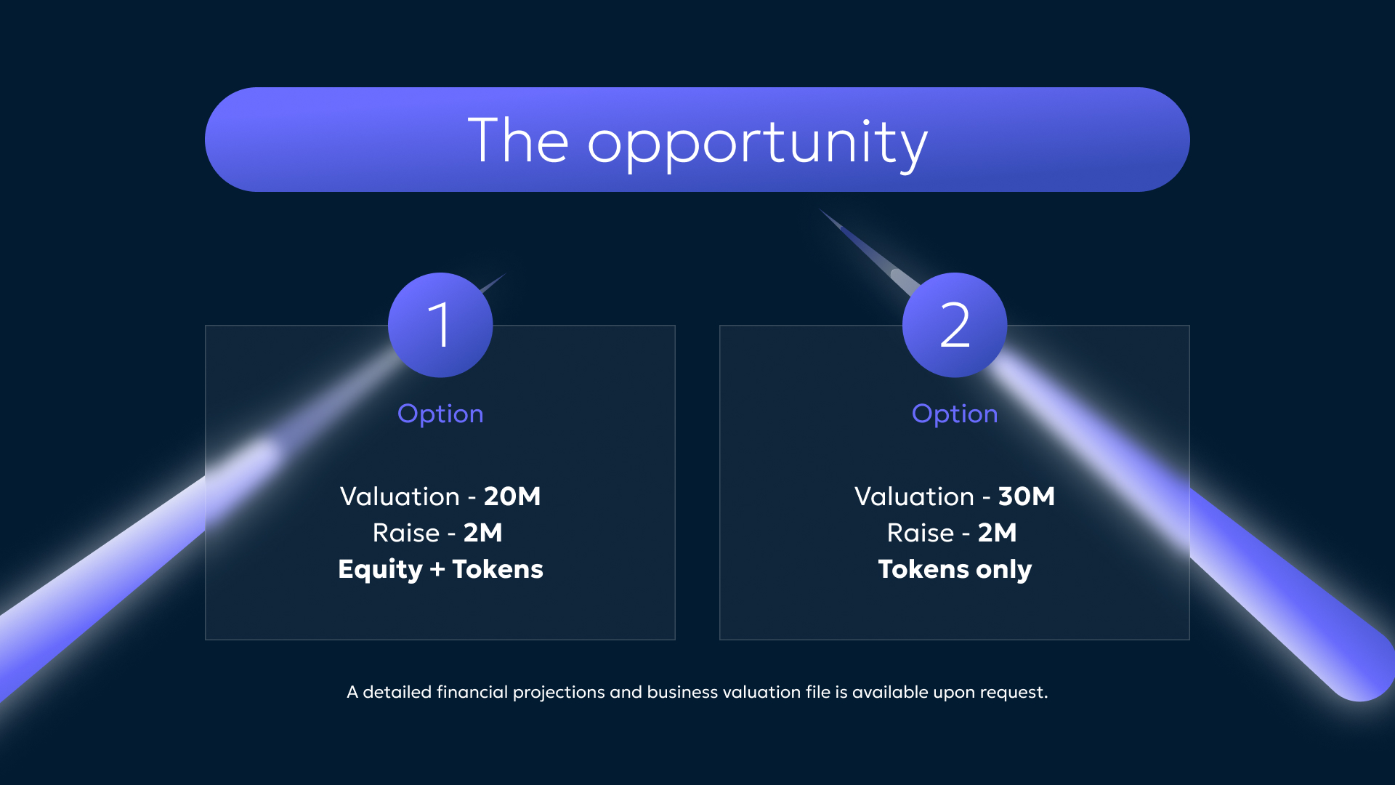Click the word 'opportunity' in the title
757,144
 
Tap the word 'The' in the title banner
518,140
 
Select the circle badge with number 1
440,325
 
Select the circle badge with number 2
955,325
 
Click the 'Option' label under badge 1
440,414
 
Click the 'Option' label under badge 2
955,414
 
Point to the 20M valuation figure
512,496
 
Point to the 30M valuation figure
1027,496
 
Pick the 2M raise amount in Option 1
483,533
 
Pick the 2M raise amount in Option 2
998,533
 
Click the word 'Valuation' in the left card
400,496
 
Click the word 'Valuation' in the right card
914,496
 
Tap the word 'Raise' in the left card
406,533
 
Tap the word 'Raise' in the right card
921,533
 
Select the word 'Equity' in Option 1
380,570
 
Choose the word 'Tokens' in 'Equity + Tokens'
498,569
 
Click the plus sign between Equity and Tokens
437,570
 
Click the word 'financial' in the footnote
472,692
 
